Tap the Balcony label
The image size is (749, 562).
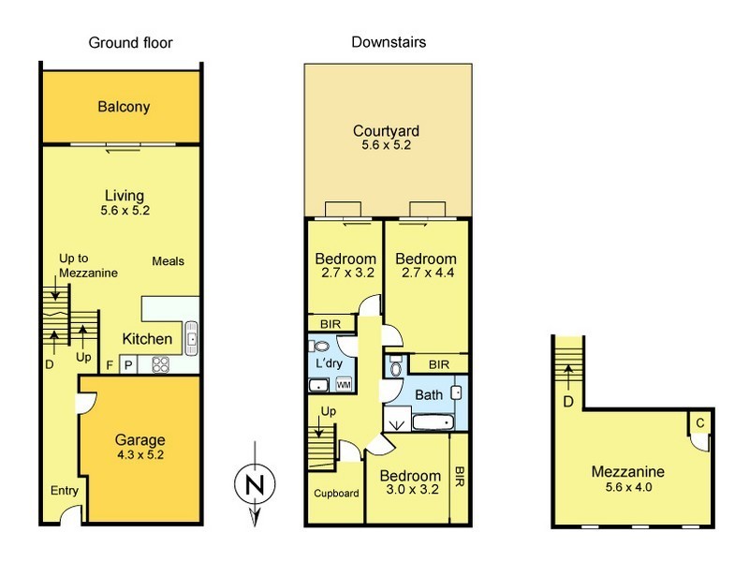click(124, 107)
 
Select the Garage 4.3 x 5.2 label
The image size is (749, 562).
click(140, 447)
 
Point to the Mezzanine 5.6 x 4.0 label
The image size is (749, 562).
click(627, 480)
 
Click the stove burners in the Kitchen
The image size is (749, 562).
click(159, 364)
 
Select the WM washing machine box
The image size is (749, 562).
click(343, 384)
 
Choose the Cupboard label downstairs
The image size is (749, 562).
click(336, 493)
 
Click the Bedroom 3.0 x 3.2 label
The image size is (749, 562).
click(410, 482)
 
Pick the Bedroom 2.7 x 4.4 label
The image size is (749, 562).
click(425, 266)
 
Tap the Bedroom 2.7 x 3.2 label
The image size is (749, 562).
click(345, 266)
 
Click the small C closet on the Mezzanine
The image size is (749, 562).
click(699, 422)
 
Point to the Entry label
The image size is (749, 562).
click(64, 490)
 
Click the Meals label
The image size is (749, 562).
click(168, 261)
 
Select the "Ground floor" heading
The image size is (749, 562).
click(130, 43)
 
